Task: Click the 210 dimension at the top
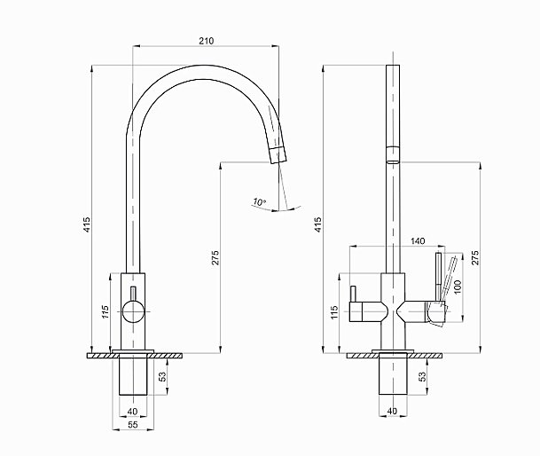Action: (206, 41)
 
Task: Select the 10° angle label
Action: (258, 202)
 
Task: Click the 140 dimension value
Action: (419, 241)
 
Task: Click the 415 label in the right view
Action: (317, 224)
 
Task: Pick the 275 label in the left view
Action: (215, 257)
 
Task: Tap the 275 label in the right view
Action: (475, 257)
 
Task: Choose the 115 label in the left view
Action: (105, 311)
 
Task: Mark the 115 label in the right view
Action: (334, 312)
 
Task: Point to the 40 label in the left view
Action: (133, 411)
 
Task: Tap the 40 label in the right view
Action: (394, 411)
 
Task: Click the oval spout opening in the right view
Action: (392, 161)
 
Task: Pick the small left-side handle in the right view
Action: (354, 295)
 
